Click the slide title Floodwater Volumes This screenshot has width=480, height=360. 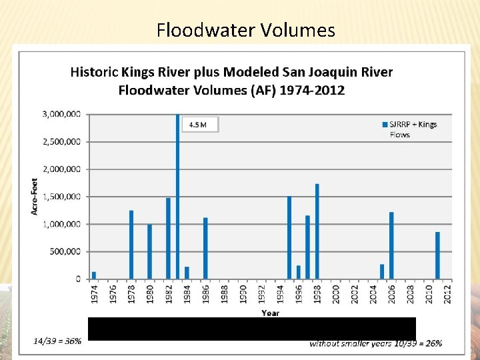246,30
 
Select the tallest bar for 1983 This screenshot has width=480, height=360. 178,196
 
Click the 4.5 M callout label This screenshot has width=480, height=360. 199,125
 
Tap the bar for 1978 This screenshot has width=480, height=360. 131,245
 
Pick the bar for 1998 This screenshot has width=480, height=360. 317,231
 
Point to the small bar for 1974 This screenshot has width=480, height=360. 94,275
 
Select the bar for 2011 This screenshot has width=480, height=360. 437,255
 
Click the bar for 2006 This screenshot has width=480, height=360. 391,245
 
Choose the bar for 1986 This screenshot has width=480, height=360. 205,248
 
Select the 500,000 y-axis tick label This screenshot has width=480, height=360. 65,251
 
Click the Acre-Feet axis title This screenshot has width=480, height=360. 34,196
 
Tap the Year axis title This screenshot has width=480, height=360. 270,312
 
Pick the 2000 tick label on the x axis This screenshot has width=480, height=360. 335,293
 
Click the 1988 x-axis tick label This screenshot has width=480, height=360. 225,293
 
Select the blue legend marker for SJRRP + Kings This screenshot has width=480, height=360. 385,125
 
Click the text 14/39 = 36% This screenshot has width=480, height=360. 58,341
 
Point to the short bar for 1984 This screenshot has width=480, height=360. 187,273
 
